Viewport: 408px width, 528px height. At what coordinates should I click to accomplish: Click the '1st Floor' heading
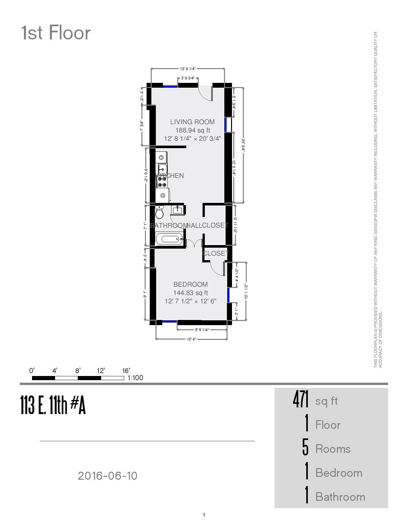coord(56,33)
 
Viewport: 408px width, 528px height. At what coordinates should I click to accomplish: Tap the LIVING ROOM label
coord(192,122)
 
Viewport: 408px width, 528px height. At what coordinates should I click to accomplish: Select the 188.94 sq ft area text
coord(192,130)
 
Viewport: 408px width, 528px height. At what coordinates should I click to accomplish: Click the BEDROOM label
coord(190,284)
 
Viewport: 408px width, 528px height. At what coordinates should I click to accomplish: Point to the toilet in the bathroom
coord(159,212)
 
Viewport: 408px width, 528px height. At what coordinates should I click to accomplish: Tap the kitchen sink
coord(163,168)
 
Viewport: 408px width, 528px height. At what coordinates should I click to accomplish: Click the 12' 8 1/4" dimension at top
coord(188,69)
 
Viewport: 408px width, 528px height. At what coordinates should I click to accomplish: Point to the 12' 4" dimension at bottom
coord(191,339)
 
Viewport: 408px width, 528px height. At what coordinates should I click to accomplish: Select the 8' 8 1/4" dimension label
coord(202,330)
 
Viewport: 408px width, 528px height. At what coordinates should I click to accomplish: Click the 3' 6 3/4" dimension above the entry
coord(188,78)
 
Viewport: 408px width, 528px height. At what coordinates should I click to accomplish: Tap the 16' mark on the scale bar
coord(126,371)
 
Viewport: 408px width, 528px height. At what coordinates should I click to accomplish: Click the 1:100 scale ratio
coord(135,378)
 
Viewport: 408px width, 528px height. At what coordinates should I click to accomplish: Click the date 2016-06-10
coord(108,476)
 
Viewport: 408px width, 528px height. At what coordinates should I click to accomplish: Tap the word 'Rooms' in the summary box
coord(333,449)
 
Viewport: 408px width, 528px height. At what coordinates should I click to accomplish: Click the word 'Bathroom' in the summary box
coord(340,497)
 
